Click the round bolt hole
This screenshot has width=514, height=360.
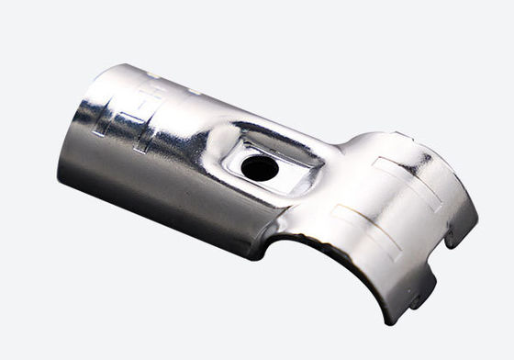pyautogui.click(x=260, y=168)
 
